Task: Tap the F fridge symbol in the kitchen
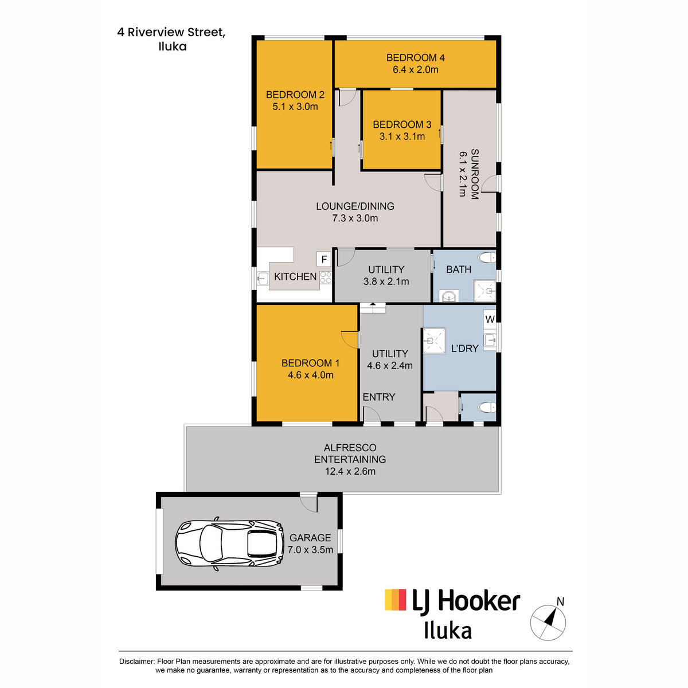click(x=323, y=259)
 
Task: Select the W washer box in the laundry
click(x=490, y=319)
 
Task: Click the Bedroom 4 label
click(x=415, y=58)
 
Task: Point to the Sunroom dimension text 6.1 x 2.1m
click(x=463, y=174)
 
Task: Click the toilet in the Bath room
click(x=487, y=257)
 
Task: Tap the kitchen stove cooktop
click(x=326, y=277)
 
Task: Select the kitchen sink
click(x=263, y=278)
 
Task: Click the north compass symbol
click(x=548, y=622)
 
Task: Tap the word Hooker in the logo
click(x=479, y=601)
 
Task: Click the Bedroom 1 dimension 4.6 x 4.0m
click(x=311, y=375)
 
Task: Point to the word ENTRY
click(x=379, y=397)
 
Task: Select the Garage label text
click(x=310, y=538)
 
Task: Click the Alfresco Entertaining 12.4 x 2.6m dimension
click(x=350, y=471)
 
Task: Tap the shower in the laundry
click(x=434, y=341)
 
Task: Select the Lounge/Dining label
click(x=355, y=206)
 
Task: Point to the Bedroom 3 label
click(x=402, y=124)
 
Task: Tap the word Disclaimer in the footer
click(x=136, y=662)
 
